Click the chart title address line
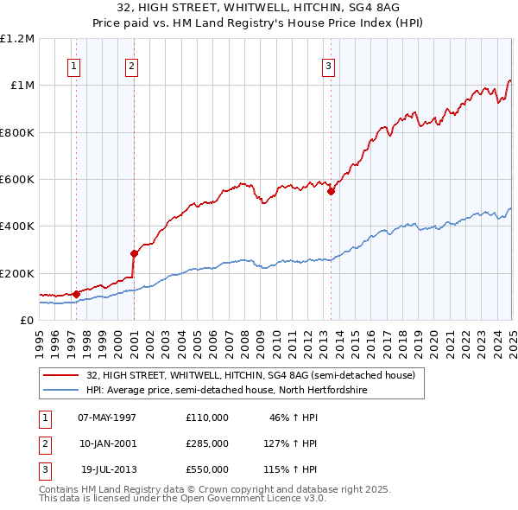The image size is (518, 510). pyautogui.click(x=258, y=8)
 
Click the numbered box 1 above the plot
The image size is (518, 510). pyautogui.click(x=74, y=66)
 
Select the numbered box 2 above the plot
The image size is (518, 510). pyautogui.click(x=131, y=66)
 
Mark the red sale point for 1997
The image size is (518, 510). pyautogui.click(x=77, y=294)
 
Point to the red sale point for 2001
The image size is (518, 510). pyautogui.click(x=134, y=253)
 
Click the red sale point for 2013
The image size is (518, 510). pyautogui.click(x=332, y=192)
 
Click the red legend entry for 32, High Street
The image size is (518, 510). pyautogui.click(x=250, y=375)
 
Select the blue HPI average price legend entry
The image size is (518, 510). pyautogui.click(x=226, y=391)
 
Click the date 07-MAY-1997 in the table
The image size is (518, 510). pyautogui.click(x=107, y=417)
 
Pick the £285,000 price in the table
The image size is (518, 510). pyautogui.click(x=207, y=443)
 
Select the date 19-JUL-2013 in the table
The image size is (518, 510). pyautogui.click(x=109, y=469)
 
